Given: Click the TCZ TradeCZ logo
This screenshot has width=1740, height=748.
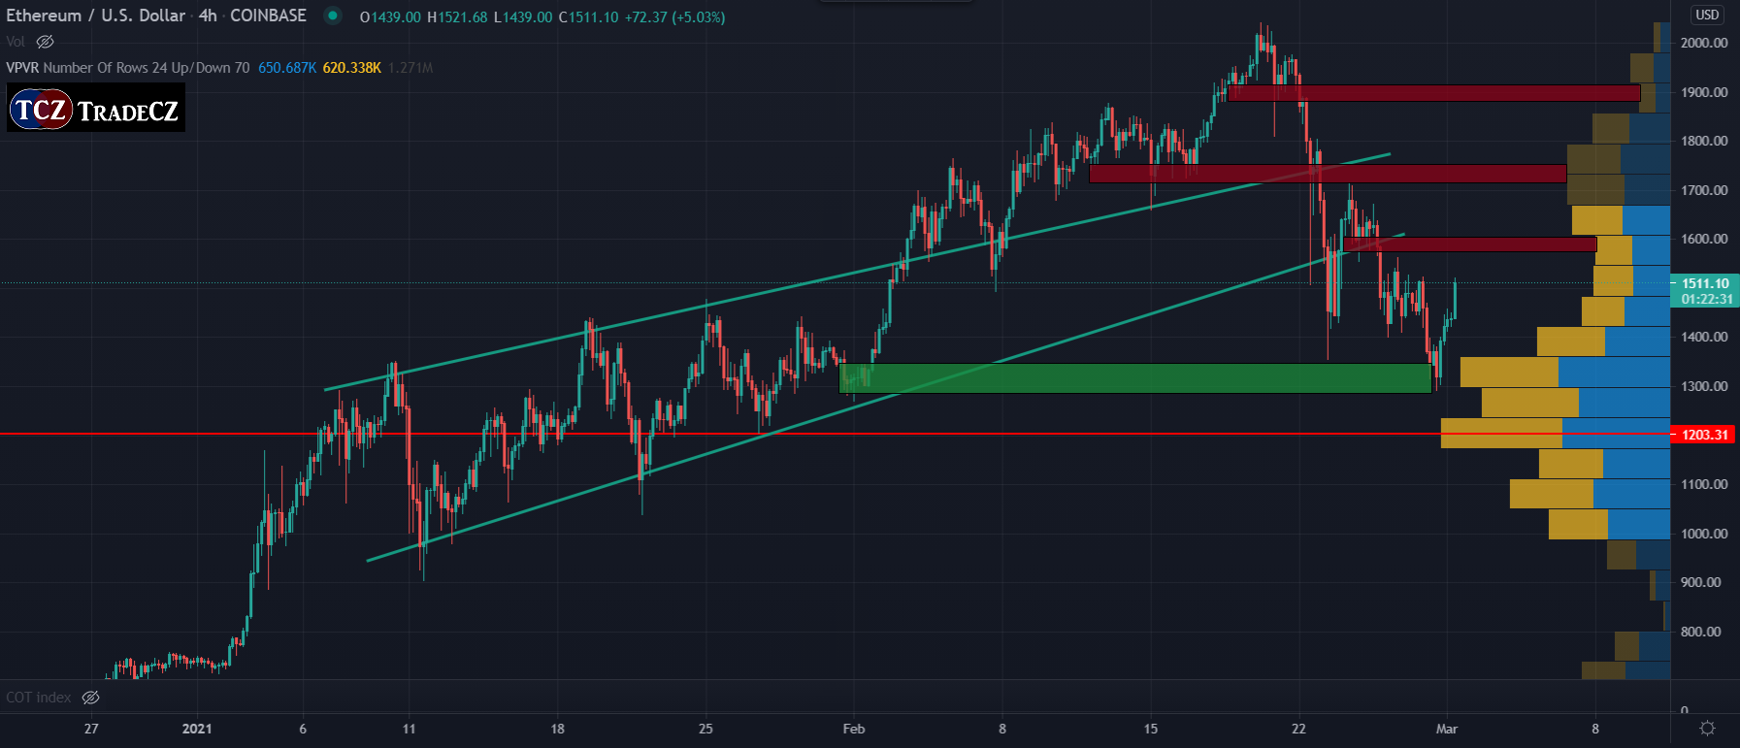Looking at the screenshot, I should [x=95, y=109].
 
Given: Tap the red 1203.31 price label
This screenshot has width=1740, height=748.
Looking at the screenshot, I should [x=1705, y=435].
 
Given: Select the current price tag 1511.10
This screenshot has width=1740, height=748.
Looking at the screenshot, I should [x=1705, y=284].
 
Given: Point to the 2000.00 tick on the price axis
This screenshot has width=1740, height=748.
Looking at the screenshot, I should [x=1704, y=43].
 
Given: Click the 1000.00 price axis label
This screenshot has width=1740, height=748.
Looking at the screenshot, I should [x=1704, y=534].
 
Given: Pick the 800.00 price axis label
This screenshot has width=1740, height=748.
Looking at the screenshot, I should [x=1700, y=632].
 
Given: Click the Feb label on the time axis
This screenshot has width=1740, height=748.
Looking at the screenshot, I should [x=854, y=729].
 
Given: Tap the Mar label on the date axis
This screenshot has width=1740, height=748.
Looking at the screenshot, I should [x=1447, y=729].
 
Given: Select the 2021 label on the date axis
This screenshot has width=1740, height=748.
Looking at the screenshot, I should [x=197, y=729].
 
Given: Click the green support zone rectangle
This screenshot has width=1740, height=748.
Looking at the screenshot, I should [x=1135, y=378].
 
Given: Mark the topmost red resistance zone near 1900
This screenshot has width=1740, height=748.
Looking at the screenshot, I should [x=1433, y=93].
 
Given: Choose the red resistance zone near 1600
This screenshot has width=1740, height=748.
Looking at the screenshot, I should [x=1470, y=244].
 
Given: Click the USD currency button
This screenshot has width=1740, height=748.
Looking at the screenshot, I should [x=1707, y=15].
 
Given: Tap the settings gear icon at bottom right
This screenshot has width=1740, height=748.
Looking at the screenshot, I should [x=1707, y=728].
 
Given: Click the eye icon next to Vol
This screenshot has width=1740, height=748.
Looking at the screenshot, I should [x=45, y=42].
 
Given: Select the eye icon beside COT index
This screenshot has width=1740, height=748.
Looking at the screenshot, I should [x=90, y=698].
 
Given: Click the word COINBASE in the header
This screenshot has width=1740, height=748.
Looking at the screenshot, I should [x=268, y=16].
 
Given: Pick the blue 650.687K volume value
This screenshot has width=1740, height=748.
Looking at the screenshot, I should [x=287, y=68].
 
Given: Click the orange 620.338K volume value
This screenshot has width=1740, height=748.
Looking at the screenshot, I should [x=351, y=68].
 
